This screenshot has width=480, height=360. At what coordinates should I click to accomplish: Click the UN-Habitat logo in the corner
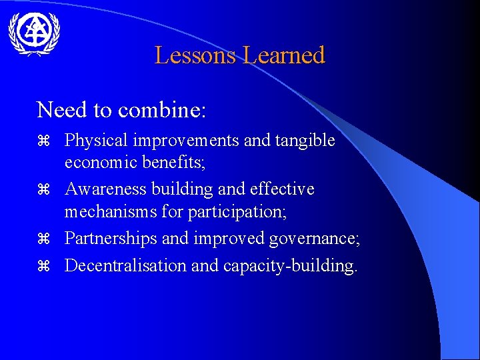pos(34,33)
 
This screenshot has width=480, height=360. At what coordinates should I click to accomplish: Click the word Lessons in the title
pos(196,55)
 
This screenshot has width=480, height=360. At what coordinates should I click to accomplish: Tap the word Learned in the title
pos(284,55)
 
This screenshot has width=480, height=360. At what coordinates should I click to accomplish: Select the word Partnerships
pos(109,239)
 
